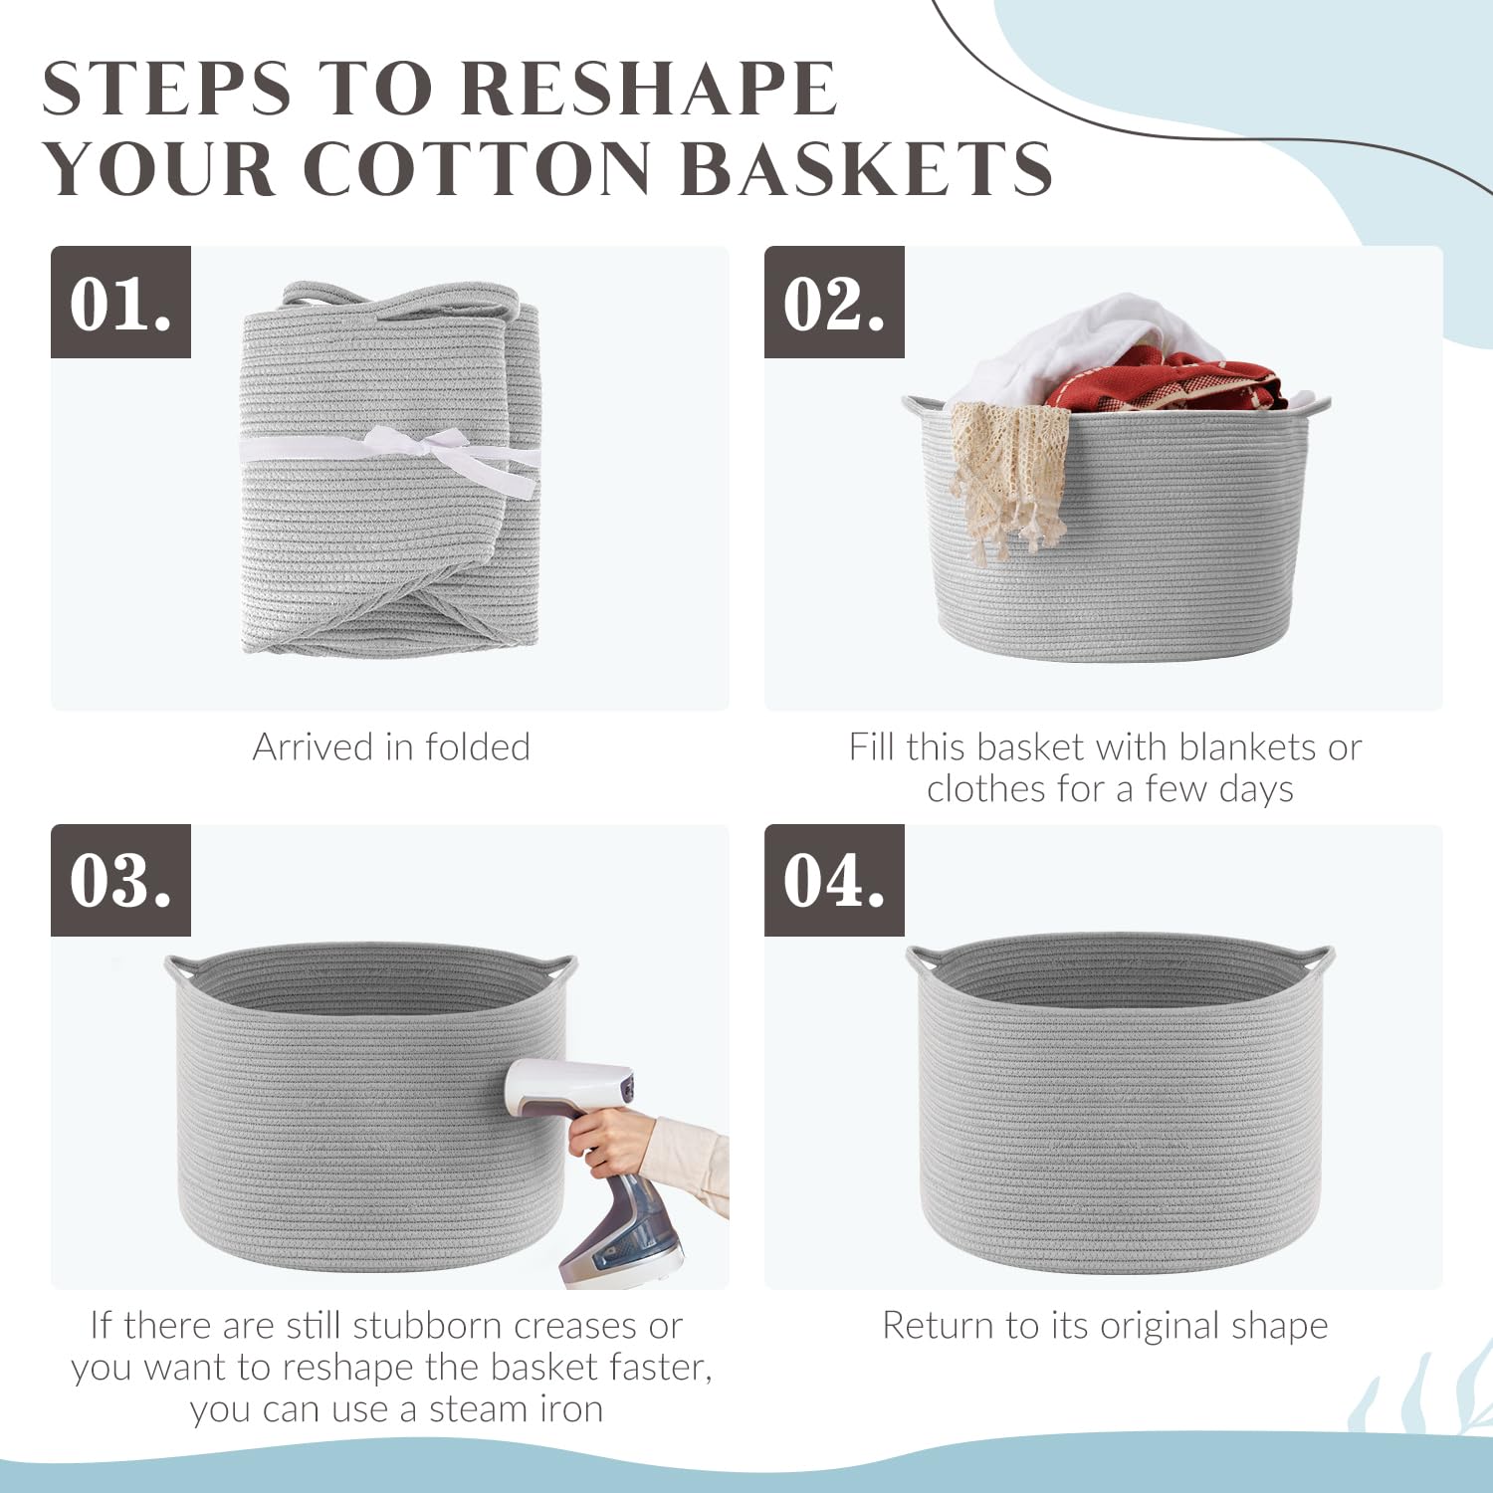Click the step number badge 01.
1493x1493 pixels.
click(x=120, y=302)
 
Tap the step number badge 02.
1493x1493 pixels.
click(x=834, y=302)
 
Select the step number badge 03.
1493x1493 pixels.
click(x=120, y=880)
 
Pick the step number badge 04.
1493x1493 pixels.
click(x=834, y=880)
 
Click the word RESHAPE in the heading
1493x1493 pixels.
click(x=649, y=90)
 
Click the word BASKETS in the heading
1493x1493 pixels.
click(x=866, y=167)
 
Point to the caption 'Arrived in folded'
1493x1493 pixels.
click(x=391, y=746)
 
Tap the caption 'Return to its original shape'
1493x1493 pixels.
click(x=1105, y=1327)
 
